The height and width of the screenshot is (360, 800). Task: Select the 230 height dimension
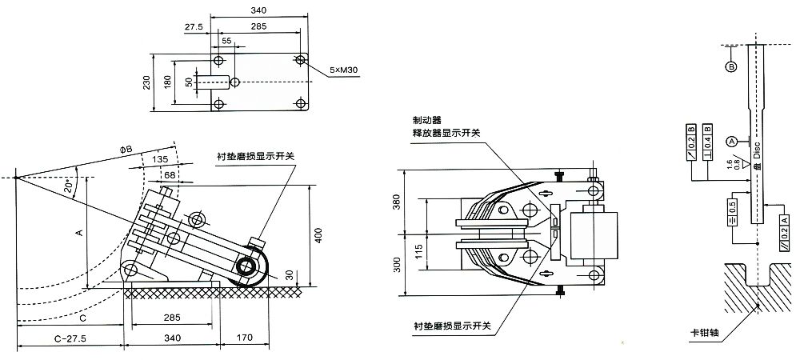point(146,83)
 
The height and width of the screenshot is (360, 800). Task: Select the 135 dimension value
point(160,159)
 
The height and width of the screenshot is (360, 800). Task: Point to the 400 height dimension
point(319,235)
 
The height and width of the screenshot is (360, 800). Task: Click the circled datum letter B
point(730,67)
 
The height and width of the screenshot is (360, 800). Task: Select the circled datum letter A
point(730,142)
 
